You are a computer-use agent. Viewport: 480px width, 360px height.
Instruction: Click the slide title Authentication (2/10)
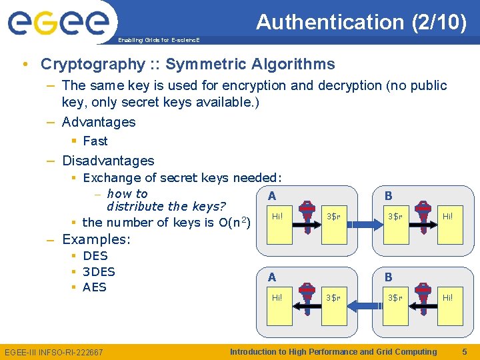(361, 22)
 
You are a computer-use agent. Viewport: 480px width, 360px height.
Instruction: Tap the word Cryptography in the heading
(92, 64)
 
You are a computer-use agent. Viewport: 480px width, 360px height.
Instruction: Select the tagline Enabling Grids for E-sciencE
(158, 41)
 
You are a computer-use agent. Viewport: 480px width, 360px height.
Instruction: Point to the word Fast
(95, 141)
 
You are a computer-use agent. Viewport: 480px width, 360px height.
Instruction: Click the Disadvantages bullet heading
(107, 161)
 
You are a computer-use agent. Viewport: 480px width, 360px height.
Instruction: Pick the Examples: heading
(96, 239)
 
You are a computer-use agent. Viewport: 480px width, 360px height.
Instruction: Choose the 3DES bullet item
(99, 271)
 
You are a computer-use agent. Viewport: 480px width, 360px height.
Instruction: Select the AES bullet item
(95, 287)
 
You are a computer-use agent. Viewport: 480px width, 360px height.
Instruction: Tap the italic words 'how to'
(127, 194)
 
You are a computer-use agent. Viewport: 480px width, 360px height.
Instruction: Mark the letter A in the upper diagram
(271, 196)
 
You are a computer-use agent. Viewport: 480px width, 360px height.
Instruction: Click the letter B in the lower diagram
(389, 277)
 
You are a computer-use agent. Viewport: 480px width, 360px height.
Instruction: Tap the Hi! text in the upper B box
(448, 216)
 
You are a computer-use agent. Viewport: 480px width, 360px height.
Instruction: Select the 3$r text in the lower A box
(333, 297)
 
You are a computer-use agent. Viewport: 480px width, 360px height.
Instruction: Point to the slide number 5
(465, 351)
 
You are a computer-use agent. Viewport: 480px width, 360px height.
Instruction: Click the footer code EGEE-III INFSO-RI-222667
(54, 352)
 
